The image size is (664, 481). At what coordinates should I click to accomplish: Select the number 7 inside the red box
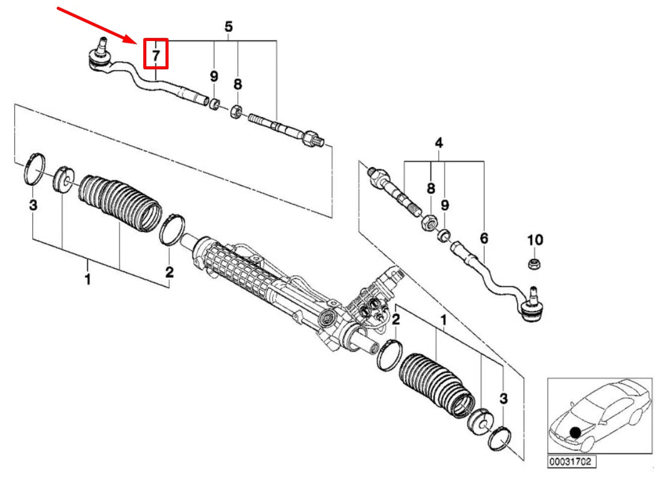click(155, 55)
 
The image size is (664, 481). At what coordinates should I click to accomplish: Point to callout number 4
click(439, 143)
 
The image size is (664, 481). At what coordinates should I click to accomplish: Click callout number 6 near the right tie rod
click(483, 239)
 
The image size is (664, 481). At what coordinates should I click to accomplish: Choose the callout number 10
click(535, 241)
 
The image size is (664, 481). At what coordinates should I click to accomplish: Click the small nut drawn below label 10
click(533, 263)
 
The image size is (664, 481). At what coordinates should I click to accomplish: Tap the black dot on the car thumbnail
click(576, 432)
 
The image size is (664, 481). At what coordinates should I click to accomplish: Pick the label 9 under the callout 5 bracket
click(214, 77)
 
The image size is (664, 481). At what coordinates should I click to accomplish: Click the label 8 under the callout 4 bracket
click(430, 189)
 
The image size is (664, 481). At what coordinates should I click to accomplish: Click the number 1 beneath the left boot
click(87, 280)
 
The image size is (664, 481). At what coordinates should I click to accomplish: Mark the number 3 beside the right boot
click(504, 399)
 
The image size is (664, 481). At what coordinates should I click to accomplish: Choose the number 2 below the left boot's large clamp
click(170, 272)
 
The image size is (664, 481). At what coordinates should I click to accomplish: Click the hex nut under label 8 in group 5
click(237, 112)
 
